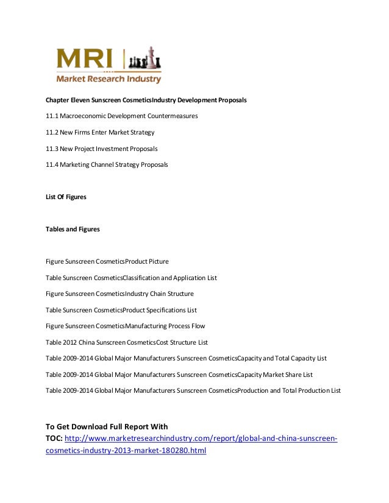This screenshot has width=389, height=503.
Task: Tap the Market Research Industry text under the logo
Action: click(x=109, y=79)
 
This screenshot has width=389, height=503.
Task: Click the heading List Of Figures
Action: click(x=66, y=197)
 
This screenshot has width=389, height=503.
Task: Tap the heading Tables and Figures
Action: click(x=73, y=230)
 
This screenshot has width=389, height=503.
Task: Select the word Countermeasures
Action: click(x=172, y=116)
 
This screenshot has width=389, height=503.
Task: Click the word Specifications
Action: click(x=165, y=310)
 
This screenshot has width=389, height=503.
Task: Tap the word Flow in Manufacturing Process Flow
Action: click(x=199, y=326)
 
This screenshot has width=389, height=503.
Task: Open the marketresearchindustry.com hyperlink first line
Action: click(x=201, y=439)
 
